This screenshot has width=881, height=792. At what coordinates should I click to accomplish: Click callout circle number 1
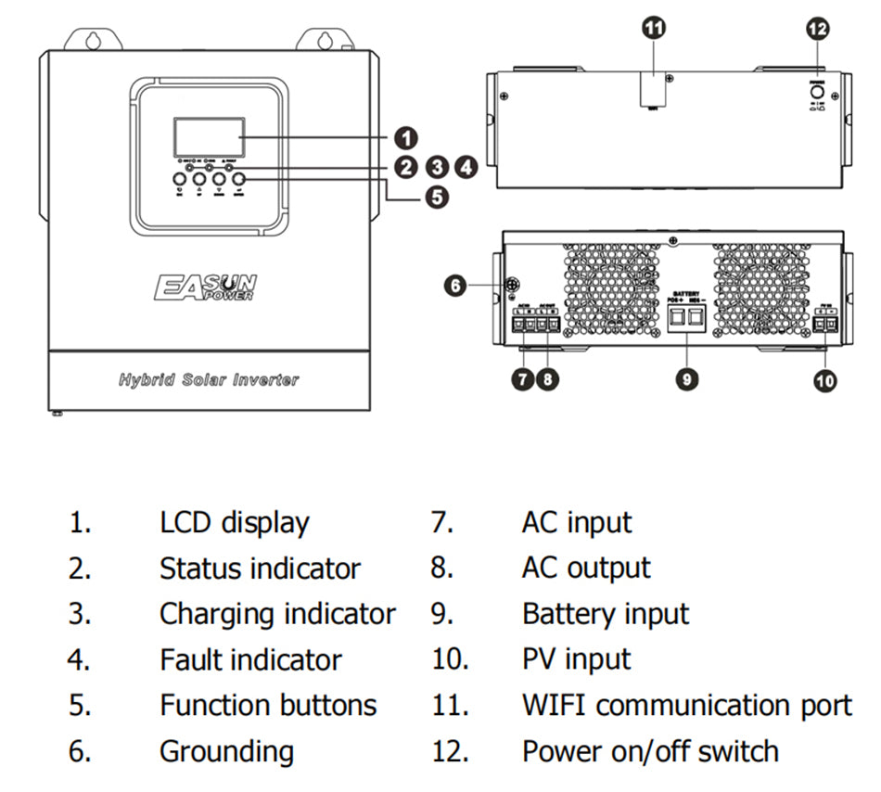coord(405,139)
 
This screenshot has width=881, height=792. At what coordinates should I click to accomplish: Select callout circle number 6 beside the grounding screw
coord(455,286)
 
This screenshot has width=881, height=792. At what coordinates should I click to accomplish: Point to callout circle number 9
coord(686,378)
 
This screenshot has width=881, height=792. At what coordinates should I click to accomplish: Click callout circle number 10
coord(824,378)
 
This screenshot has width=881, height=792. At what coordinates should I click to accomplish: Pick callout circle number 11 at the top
coord(655,29)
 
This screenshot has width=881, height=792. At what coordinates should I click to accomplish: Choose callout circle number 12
coord(818,29)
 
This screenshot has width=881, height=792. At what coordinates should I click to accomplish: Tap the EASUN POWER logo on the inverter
coord(206,287)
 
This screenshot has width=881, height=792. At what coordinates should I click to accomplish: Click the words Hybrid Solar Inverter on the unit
coord(209,379)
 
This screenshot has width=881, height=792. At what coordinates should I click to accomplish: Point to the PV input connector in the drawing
coord(824,323)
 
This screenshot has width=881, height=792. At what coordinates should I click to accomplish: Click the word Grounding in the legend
coord(226,751)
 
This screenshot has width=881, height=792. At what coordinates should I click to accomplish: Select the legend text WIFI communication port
coord(686,705)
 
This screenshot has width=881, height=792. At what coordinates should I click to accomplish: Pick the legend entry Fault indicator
coord(250,659)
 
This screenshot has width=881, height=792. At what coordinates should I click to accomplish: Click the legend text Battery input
coord(606,614)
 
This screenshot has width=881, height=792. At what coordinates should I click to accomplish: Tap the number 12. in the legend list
coord(450,751)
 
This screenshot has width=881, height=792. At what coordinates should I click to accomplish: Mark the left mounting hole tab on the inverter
coord(92,41)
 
